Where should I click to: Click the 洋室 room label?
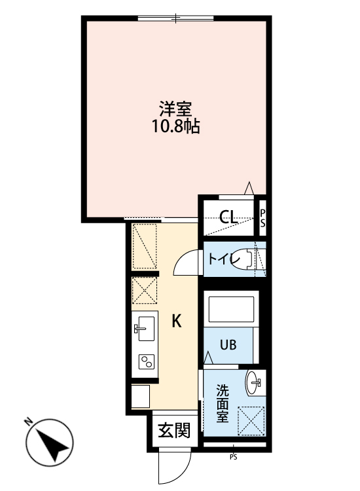[174, 107]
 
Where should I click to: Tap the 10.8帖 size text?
[174, 126]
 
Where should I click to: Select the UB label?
[228, 344]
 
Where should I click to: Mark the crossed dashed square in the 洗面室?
[251, 419]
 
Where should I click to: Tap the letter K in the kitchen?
[177, 321]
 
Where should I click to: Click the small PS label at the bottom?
[233, 457]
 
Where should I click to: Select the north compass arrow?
[52, 445]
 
